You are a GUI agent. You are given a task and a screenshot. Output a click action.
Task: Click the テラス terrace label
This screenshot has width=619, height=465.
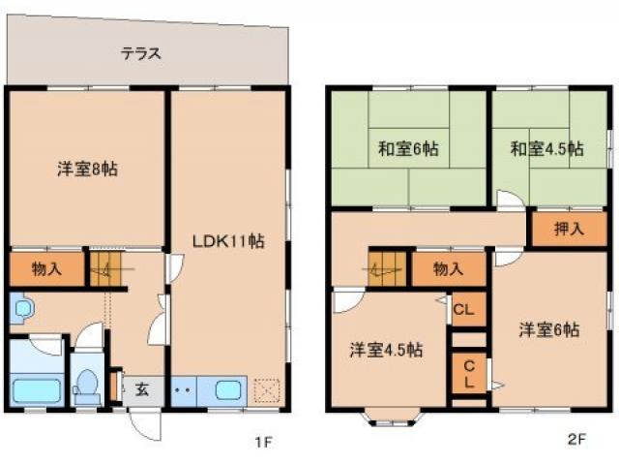(x=141, y=54)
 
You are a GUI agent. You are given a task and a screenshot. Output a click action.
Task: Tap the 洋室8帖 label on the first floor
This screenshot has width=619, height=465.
(x=87, y=169)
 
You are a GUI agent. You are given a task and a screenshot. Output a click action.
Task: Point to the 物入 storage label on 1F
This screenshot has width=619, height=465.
(x=46, y=270)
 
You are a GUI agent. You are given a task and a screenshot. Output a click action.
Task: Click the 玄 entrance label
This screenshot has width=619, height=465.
(x=141, y=390)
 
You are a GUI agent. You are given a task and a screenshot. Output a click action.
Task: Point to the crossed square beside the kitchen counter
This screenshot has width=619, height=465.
(x=266, y=390)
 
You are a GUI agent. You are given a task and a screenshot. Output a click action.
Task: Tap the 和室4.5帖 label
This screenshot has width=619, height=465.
(x=547, y=149)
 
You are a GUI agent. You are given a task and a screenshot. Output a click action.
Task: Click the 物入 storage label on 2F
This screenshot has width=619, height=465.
(x=448, y=268)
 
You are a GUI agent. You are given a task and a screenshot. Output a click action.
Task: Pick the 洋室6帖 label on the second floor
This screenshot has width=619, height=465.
(x=548, y=329)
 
